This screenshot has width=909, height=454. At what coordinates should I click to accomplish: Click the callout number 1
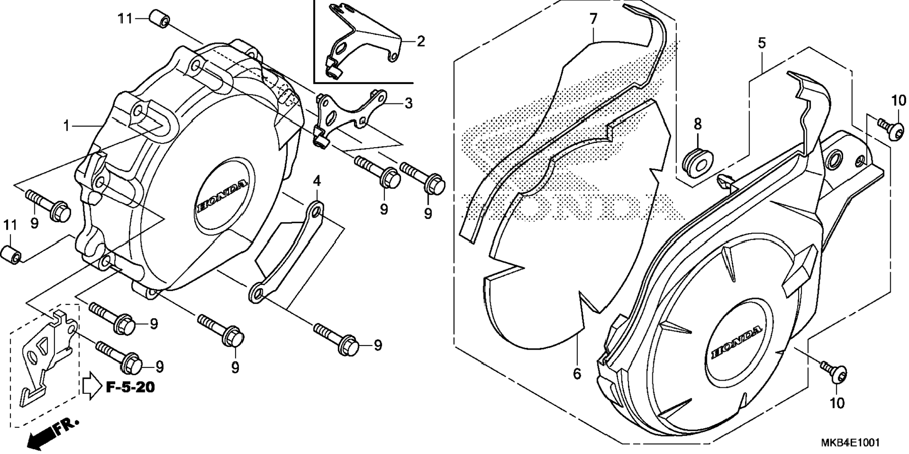coord(67,126)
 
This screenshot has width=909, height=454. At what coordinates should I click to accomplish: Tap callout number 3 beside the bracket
coord(408,103)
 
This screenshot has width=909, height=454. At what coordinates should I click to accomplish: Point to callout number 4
coord(317,180)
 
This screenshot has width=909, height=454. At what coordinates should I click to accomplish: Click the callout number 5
coord(761,43)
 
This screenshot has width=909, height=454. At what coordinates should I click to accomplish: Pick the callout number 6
coord(577,374)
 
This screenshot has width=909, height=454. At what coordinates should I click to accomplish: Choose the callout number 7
coord(593,19)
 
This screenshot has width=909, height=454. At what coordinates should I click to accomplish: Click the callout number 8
coord(697,124)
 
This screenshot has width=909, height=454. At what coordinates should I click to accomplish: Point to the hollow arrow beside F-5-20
coord(92,386)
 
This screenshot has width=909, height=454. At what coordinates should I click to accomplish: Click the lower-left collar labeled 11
coord(12,254)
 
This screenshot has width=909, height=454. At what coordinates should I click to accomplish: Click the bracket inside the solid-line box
coord(362,45)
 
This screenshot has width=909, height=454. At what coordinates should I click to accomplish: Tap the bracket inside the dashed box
coord(45,357)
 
